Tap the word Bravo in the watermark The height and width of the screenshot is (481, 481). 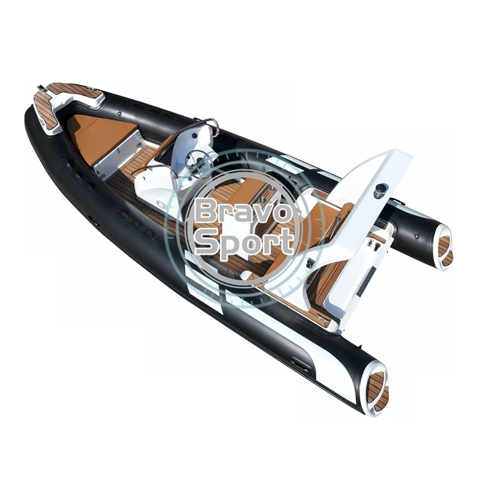pos(242,211)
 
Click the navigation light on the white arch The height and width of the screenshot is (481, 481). pos(381,190)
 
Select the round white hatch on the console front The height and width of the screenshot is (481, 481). pos(160,204)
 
